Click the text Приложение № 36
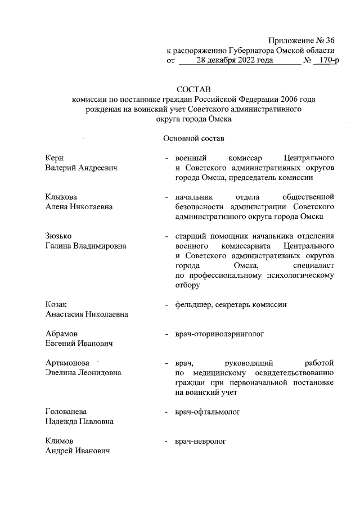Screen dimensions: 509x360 point(301,40)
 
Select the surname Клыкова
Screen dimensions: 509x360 point(61,197)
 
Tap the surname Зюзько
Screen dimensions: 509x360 point(59,236)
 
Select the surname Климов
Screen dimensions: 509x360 point(59,442)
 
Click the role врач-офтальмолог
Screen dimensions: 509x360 point(208,412)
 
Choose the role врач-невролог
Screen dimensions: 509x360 point(201,442)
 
